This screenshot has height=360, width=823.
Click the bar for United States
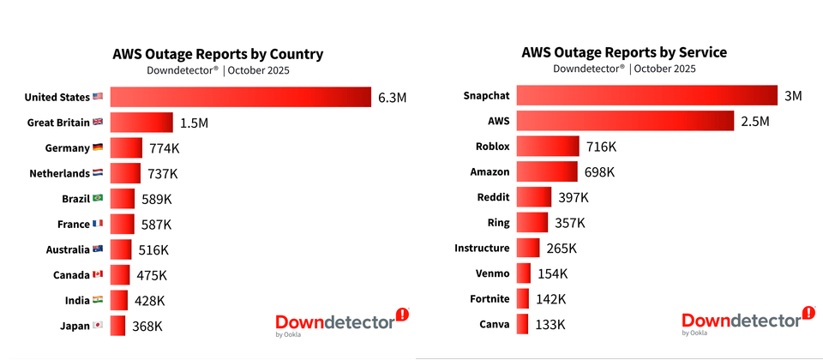pyautogui.click(x=240, y=98)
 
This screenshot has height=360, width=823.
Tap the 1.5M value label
pyautogui.click(x=194, y=123)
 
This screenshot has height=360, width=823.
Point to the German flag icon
pyautogui.click(x=98, y=148)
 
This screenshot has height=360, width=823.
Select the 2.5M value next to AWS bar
pyautogui.click(x=755, y=122)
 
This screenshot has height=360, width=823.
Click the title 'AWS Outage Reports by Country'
pyautogui.click(x=218, y=54)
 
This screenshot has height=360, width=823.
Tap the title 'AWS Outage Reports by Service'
pyautogui.click(x=624, y=52)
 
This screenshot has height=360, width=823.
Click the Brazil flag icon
pyautogui.click(x=98, y=199)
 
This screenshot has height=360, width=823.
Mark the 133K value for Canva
pyautogui.click(x=550, y=325)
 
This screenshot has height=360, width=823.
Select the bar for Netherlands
pyautogui.click(x=125, y=174)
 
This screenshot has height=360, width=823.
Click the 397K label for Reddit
pyautogui.click(x=574, y=198)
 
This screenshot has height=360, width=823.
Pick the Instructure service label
pyautogui.click(x=482, y=249)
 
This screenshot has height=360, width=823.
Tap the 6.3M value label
pyautogui.click(x=392, y=98)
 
